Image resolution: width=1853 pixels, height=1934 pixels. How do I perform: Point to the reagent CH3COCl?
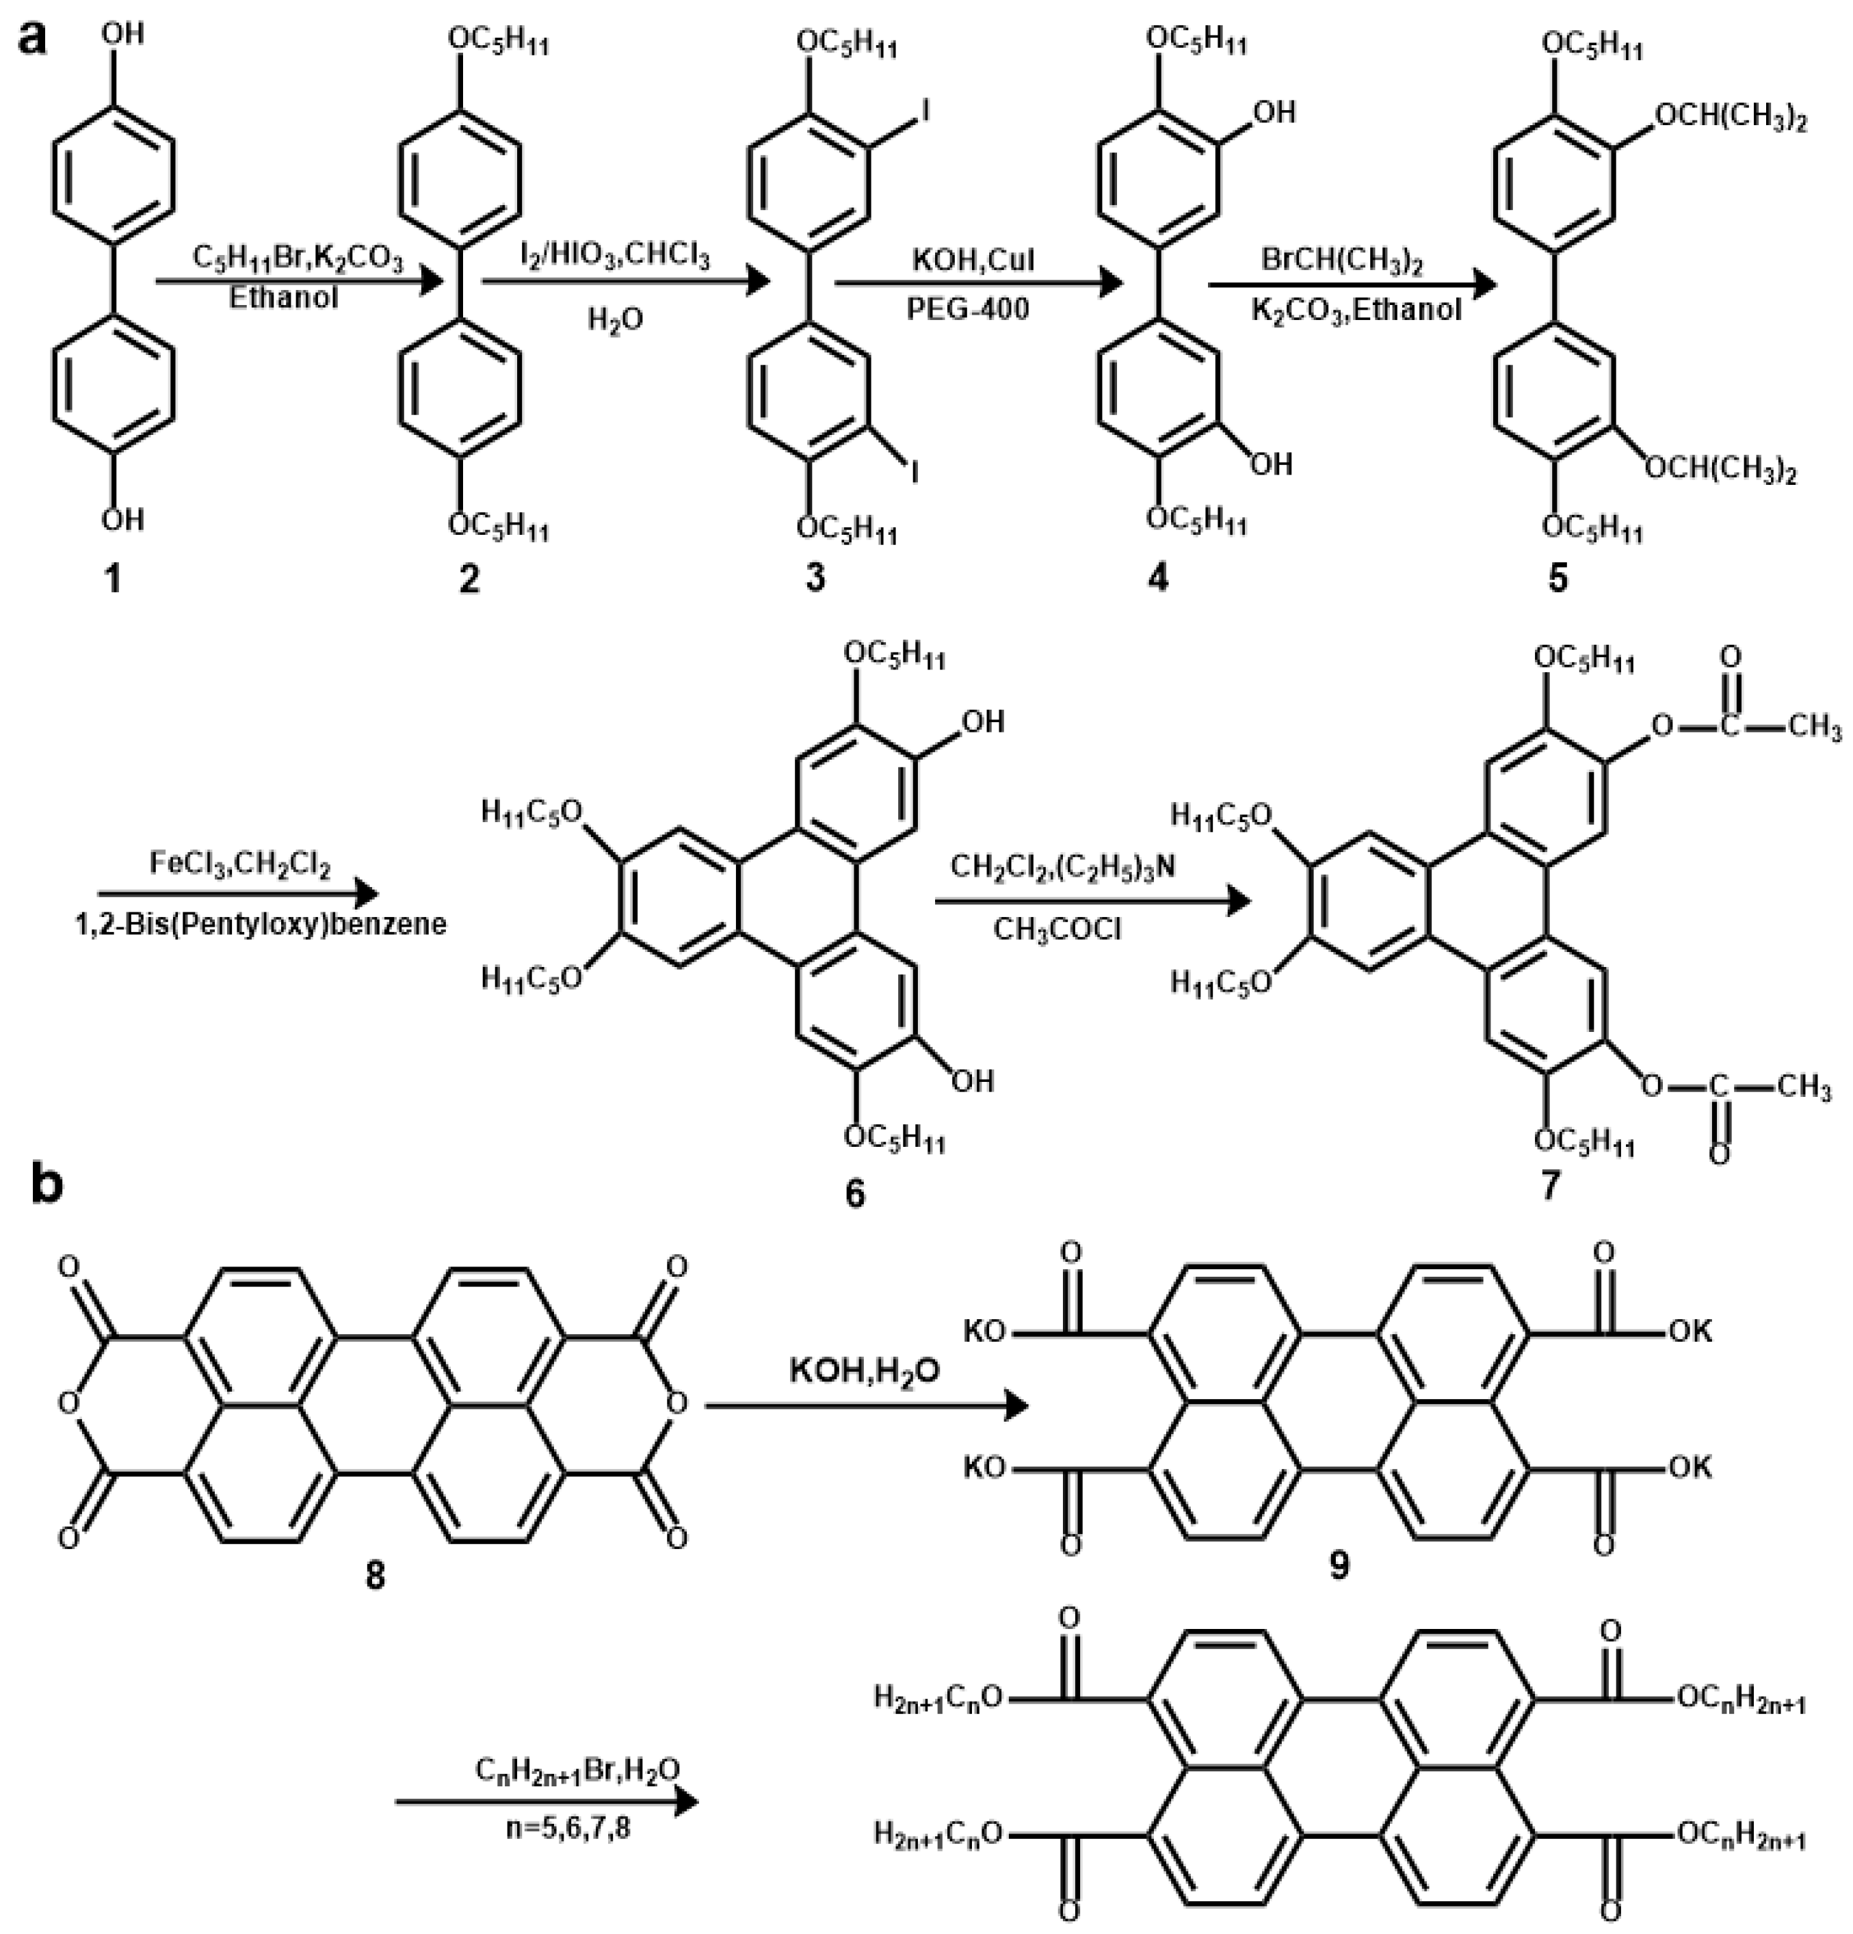click(1057, 929)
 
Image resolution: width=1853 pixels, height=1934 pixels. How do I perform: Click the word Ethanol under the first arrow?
click(283, 297)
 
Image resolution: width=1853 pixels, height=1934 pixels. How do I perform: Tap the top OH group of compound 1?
click(122, 34)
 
